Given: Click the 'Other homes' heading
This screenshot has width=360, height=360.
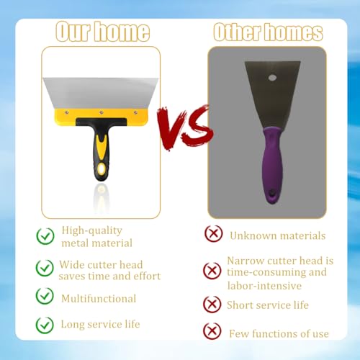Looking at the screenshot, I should (268, 32).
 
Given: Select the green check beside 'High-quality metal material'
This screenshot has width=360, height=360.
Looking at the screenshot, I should (45, 236).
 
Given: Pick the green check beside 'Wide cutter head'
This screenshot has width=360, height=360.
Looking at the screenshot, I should (45, 269).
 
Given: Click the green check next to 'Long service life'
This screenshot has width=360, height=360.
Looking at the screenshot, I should (45, 324).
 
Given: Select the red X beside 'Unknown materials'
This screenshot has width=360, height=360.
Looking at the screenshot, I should (212, 235).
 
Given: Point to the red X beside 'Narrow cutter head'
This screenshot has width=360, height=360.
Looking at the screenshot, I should (212, 271).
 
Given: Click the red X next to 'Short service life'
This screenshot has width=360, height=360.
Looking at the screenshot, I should (212, 304).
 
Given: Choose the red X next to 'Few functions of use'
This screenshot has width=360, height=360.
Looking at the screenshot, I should (212, 332).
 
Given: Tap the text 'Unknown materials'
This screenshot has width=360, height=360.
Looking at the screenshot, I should (277, 235).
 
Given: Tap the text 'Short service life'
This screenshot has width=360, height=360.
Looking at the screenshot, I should (269, 305).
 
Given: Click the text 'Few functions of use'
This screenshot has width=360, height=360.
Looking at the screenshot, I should (279, 333).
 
